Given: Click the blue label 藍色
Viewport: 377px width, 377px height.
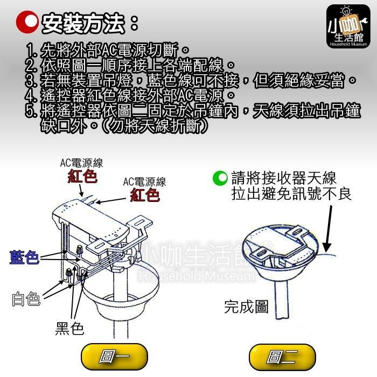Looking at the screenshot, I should coord(24,258).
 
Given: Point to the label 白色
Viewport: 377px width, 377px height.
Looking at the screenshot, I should coord(26,299).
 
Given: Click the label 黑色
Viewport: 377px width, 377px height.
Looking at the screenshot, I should coord(70,328).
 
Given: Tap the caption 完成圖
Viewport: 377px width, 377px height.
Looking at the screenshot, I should coord(246,307).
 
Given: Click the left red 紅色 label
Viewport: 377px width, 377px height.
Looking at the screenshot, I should coord(82,176).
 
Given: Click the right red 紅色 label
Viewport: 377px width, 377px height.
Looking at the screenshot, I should coord(145,194).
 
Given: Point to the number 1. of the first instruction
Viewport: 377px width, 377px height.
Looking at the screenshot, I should coord(32,52).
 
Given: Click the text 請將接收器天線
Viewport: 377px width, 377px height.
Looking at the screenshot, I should coord(283,177).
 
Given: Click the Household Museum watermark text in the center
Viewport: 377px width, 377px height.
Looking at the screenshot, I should coord(196,277).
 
